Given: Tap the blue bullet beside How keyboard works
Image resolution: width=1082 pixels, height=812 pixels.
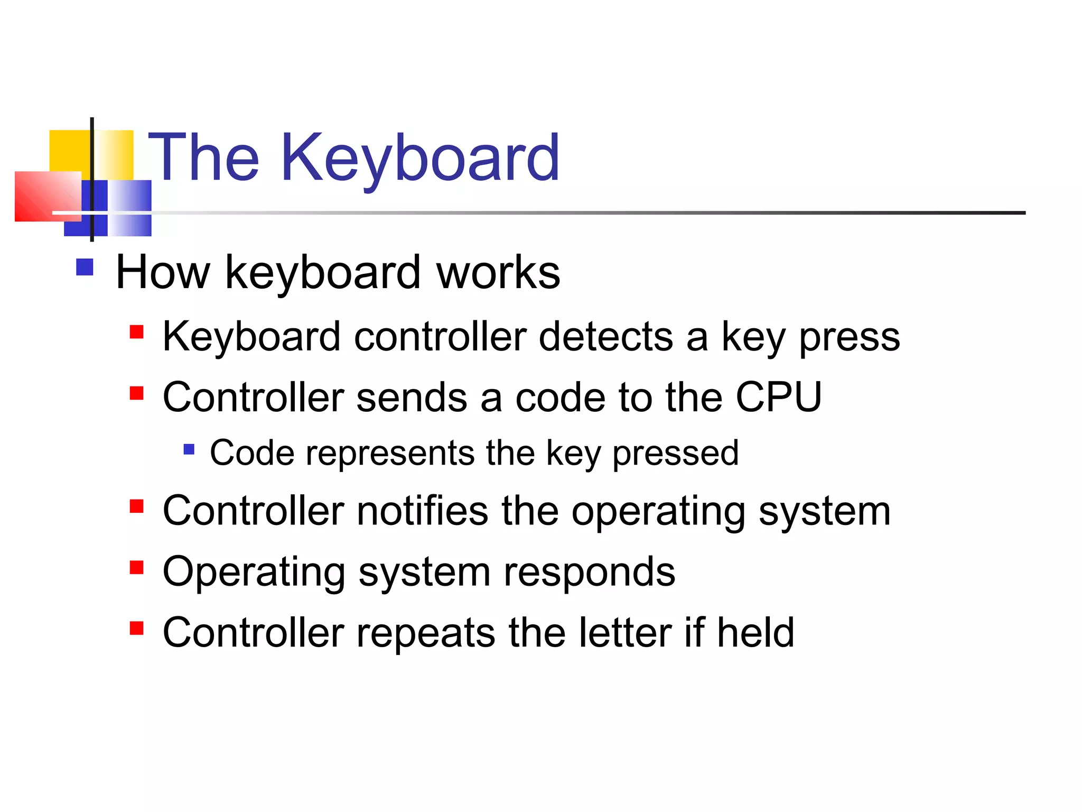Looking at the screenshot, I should coord(85,267).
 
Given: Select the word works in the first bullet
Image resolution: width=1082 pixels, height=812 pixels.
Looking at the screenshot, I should coord(498,273).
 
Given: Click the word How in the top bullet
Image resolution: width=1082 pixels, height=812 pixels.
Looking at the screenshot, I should coord(163,273).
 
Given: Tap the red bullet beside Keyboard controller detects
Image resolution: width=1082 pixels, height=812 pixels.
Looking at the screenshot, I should coord(137,332).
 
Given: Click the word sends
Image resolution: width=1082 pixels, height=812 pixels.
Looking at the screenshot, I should coord(412,398).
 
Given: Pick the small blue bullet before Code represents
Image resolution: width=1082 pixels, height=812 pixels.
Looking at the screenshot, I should coord(189,449).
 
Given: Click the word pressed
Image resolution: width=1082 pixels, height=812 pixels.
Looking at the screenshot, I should coord(675,454).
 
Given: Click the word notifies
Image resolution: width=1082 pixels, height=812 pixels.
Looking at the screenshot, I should coord(423,511).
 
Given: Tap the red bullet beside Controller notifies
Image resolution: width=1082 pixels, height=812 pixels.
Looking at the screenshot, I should coord(137,506).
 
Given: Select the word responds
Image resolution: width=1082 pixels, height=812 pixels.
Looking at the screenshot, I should coord(589,573).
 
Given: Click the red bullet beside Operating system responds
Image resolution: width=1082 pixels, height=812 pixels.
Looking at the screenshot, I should coord(137,567).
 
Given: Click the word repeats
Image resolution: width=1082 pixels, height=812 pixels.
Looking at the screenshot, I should coord(426,633).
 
